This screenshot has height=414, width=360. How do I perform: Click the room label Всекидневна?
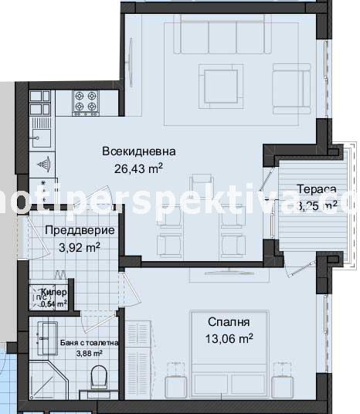(139, 151)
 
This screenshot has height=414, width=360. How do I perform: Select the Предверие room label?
(80, 231)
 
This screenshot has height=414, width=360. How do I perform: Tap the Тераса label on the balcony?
(317, 189)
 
